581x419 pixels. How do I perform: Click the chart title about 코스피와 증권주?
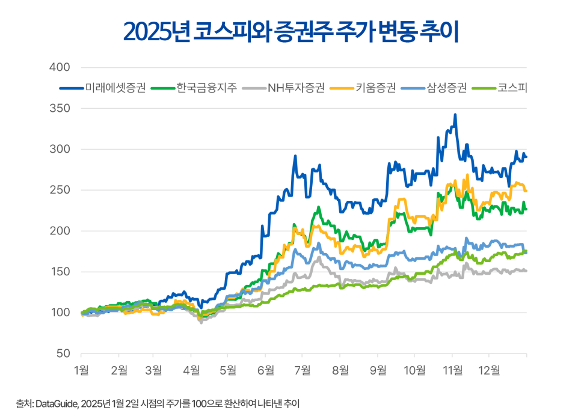point(290,31)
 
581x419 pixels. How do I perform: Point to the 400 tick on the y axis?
point(60,67)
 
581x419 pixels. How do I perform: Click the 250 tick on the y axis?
point(60,190)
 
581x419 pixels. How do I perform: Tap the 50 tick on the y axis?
point(63,353)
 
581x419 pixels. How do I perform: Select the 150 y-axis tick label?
point(60,272)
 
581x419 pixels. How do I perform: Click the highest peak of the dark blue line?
point(455,114)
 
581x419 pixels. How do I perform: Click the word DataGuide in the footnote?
point(55,403)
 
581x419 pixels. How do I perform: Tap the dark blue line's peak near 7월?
point(295,156)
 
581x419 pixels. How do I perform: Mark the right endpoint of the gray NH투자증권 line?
point(527,271)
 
